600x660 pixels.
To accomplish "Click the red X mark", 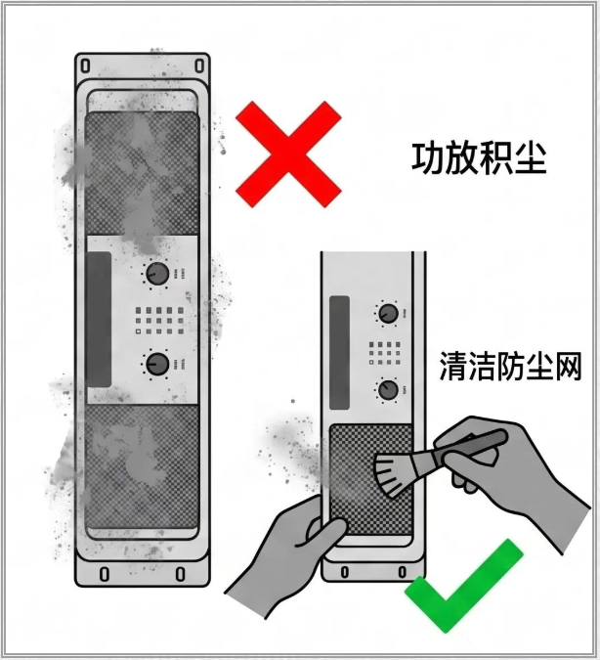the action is (x=288, y=154).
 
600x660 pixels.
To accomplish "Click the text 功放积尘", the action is (x=479, y=158).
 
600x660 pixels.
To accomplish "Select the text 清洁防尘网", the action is (x=510, y=367).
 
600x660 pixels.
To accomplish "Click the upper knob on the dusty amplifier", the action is (x=157, y=274).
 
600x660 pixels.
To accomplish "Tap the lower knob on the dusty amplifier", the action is (x=157, y=364).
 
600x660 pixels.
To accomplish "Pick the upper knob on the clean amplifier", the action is (x=388, y=314).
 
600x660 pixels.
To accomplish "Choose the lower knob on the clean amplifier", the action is (x=388, y=390).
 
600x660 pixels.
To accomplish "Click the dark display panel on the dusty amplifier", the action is (x=99, y=320).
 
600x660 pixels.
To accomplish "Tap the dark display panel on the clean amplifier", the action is (x=339, y=353).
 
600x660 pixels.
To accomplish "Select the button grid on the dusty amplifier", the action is (x=159, y=321).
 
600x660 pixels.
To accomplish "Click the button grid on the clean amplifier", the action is (x=385, y=353).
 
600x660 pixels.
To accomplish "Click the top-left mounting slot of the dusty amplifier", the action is (x=85, y=66).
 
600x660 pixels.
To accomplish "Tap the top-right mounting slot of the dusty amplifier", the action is (x=199, y=66).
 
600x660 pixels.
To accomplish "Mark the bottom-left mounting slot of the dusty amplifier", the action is (x=104, y=574).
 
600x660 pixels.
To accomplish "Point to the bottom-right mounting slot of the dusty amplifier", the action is (x=180, y=574).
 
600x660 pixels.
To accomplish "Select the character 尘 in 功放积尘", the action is (x=531, y=158).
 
